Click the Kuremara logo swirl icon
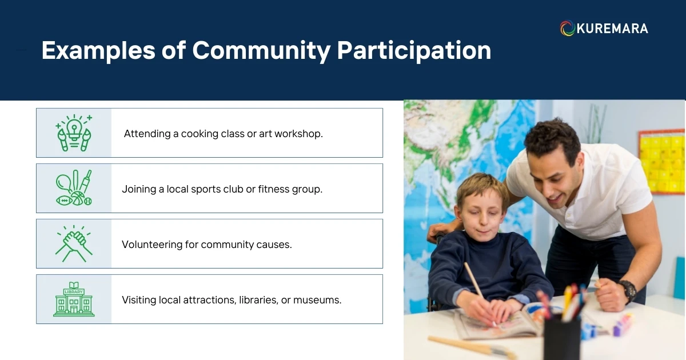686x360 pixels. [x=567, y=29]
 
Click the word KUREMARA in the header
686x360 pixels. [x=612, y=29]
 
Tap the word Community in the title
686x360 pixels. [x=261, y=50]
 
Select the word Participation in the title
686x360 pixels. [x=414, y=50]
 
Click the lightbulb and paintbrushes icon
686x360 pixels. [x=74, y=133]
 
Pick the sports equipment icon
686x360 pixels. [x=74, y=188]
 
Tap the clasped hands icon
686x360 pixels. [x=74, y=243]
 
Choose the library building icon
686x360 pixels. [x=74, y=299]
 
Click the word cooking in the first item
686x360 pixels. [x=200, y=134]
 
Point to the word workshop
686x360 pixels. [x=298, y=134]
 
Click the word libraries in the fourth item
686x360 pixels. [x=257, y=299]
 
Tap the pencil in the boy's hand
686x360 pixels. [x=474, y=283]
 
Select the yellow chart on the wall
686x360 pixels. [x=662, y=162]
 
